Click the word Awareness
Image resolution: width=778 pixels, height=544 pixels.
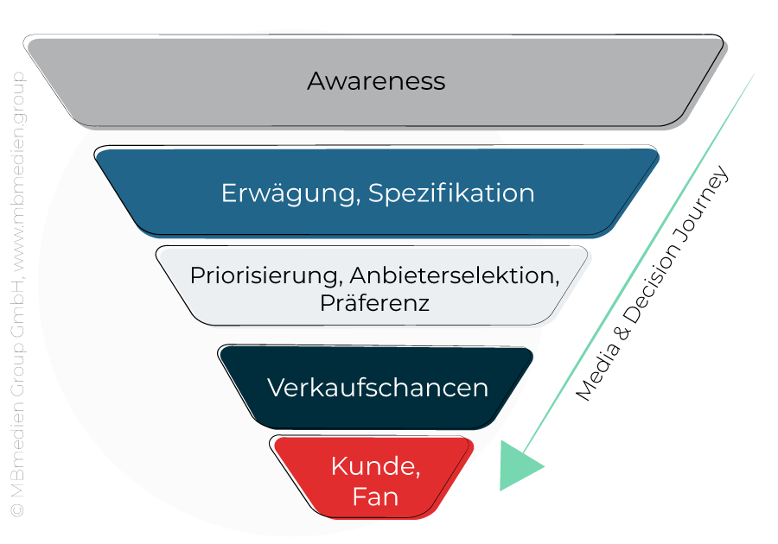(376, 81)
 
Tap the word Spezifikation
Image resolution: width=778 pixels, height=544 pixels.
(451, 193)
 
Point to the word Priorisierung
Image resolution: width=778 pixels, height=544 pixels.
(262, 276)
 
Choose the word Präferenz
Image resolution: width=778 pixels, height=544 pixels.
(374, 304)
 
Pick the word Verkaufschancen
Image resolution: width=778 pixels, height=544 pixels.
(378, 388)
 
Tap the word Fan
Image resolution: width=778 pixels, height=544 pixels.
(375, 497)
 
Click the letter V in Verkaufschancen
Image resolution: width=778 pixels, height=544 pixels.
(275, 388)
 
